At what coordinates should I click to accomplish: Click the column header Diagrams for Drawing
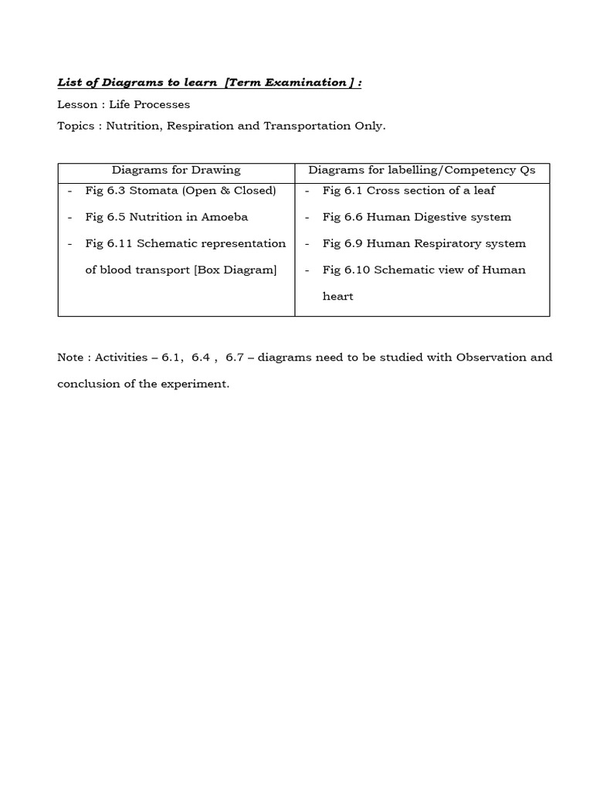[x=176, y=170]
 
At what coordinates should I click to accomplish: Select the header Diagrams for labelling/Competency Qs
[x=422, y=170]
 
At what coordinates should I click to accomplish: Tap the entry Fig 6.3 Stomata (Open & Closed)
[x=181, y=190]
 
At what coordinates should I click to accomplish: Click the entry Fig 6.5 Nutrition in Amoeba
[x=167, y=217]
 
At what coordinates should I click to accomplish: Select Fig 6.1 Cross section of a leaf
[x=408, y=190]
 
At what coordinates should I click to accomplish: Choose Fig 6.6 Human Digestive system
[x=417, y=217]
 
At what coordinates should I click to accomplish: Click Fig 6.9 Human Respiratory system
[x=424, y=243]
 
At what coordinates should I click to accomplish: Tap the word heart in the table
[x=337, y=297]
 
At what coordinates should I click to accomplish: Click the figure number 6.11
[x=120, y=243]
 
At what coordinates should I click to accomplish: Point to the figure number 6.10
[x=357, y=270]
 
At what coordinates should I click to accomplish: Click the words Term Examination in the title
[x=290, y=83]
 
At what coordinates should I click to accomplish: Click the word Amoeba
[x=223, y=217]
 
